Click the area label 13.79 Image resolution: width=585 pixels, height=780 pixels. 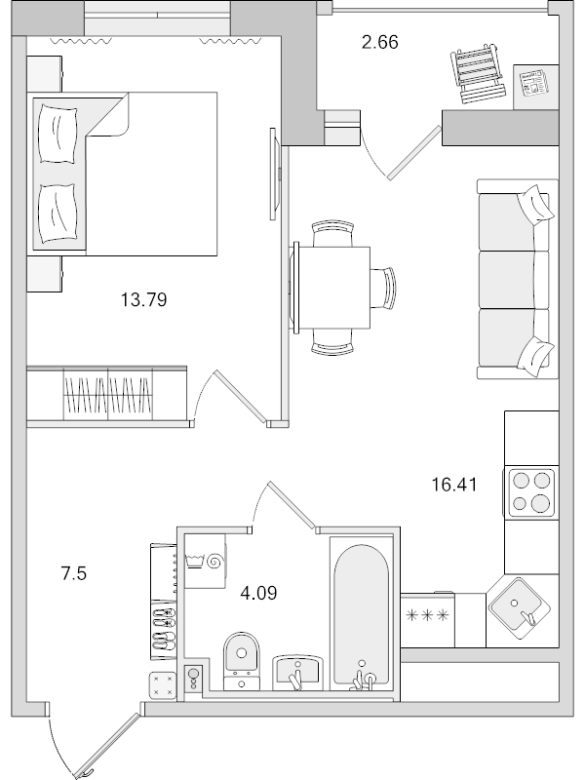pos(143,300)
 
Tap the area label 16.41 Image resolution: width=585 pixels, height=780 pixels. pos(454,483)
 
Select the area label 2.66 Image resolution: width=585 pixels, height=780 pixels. pos(379,42)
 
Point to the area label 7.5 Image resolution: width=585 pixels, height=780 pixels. pos(74,573)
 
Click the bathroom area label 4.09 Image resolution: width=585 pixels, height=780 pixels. pos(258,591)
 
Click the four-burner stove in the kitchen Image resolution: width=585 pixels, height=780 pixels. pos(529,491)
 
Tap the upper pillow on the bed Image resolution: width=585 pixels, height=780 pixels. pos(56,132)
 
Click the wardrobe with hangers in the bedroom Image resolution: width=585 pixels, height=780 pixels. pos(106,396)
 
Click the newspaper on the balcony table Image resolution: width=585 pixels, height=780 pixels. pos(533,84)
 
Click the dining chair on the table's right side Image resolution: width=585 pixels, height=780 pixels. pos(386,289)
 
